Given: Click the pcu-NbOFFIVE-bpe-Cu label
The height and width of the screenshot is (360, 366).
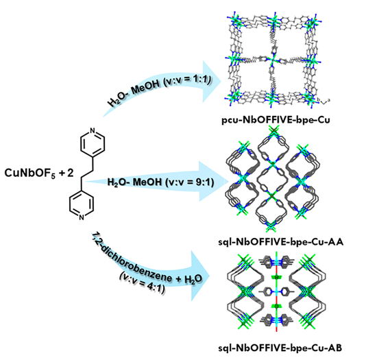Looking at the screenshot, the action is pyautogui.click(x=276, y=120).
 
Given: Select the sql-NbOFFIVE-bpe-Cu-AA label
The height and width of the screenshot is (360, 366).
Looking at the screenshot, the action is pyautogui.click(x=281, y=242).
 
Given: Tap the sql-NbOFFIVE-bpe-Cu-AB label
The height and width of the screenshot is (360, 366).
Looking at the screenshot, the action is pyautogui.click(x=280, y=348).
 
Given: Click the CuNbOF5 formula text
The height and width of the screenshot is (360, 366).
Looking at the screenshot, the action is pyautogui.click(x=30, y=173).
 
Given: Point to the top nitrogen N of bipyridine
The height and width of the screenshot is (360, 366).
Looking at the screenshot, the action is pyautogui.click(x=93, y=130).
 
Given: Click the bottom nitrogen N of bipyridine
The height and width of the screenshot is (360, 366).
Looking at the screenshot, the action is pyautogui.click(x=82, y=217).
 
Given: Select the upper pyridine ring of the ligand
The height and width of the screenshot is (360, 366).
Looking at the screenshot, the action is pyautogui.click(x=93, y=143).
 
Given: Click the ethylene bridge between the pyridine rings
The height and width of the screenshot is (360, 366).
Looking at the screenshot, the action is pyautogui.click(x=87, y=174).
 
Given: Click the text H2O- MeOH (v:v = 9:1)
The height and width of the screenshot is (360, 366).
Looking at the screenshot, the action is pyautogui.click(x=160, y=182).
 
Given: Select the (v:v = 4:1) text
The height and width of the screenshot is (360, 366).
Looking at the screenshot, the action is pyautogui.click(x=142, y=283).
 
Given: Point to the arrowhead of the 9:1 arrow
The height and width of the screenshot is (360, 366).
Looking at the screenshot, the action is pyautogui.click(x=214, y=182).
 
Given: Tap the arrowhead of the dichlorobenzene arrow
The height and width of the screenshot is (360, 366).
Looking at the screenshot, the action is pyautogui.click(x=199, y=276).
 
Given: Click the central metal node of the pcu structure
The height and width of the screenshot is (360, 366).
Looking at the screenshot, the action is pyautogui.click(x=272, y=60).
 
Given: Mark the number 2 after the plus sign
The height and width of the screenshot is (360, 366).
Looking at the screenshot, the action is pyautogui.click(x=71, y=173).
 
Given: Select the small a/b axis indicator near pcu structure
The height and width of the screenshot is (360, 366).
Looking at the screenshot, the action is pyautogui.click(x=324, y=101).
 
